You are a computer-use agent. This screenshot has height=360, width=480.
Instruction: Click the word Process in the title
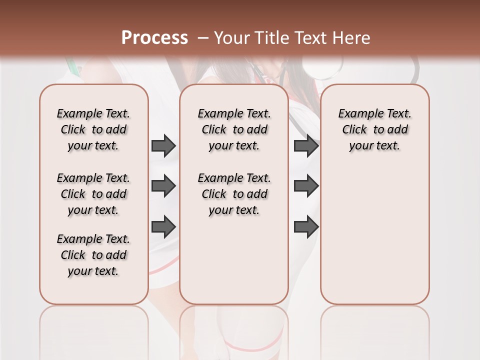coord(154,37)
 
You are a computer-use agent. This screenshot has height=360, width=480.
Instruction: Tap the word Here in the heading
coord(352,37)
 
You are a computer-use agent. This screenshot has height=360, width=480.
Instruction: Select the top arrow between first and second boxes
coord(163,145)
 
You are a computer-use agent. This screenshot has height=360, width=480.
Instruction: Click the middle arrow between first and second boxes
coord(163,186)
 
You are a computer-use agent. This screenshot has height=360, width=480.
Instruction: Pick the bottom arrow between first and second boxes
coord(163,226)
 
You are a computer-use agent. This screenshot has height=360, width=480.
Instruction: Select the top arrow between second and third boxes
coord(306,145)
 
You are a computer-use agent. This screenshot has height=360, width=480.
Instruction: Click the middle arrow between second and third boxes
coord(306,186)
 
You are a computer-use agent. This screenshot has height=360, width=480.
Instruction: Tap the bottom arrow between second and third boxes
coord(306,226)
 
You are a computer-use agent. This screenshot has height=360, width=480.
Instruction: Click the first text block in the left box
coord(93,129)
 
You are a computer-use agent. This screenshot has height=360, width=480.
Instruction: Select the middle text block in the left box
coord(93,194)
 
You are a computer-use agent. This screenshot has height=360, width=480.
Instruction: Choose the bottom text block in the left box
coord(93,255)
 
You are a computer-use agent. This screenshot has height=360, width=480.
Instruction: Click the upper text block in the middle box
coord(234,129)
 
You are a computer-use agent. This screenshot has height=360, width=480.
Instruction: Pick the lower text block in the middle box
coord(234,194)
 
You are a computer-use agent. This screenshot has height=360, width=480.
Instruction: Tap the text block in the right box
coord(374,129)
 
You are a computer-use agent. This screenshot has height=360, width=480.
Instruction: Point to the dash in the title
coord(203,37)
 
